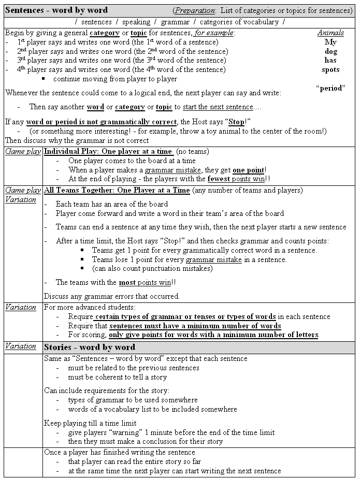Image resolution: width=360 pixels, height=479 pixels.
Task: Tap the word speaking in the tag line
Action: pos(136,22)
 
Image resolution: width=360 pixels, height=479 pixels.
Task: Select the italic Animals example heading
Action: pos(330,33)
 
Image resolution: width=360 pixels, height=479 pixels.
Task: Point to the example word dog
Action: pos(330,51)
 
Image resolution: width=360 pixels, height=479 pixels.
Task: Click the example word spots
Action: pos(330,69)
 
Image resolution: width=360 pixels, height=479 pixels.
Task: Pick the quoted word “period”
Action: pos(330,88)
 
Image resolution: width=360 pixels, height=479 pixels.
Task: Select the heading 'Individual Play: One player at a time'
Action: pos(108,152)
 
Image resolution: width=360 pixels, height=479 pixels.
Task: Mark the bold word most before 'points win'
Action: pos(127,282)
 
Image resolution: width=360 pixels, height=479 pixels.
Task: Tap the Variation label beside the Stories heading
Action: pos(21,346)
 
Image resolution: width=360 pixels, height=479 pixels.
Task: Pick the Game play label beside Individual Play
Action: pos(23,152)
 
